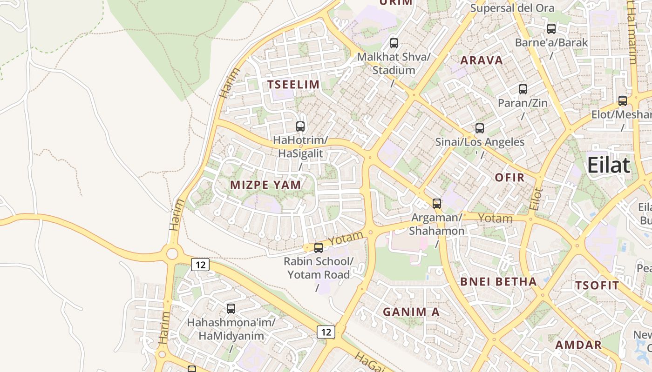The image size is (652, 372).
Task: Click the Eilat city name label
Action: pyautogui.click(x=609, y=165)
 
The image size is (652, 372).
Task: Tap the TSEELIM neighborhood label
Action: pyautogui.click(x=293, y=85)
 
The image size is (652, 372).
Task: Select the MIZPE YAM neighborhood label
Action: pyautogui.click(x=265, y=185)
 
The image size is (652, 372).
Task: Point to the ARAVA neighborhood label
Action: pyautogui.click(x=482, y=60)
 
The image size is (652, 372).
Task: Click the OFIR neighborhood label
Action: pyautogui.click(x=509, y=177)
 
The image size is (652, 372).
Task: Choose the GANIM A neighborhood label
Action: pyautogui.click(x=411, y=312)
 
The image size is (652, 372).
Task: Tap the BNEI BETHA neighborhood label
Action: pyautogui.click(x=498, y=282)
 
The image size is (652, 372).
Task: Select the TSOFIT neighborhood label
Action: pyautogui.click(x=597, y=286)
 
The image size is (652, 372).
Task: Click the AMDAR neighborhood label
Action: pyautogui.click(x=578, y=345)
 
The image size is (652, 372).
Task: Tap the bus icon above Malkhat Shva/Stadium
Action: pyautogui.click(x=394, y=43)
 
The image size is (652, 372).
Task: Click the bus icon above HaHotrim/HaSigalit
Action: pyautogui.click(x=300, y=126)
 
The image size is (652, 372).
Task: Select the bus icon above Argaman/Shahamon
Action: pyautogui.click(x=437, y=203)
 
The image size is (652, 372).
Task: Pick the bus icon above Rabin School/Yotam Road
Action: pyautogui.click(x=319, y=248)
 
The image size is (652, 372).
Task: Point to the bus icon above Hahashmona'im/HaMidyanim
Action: pyautogui.click(x=231, y=308)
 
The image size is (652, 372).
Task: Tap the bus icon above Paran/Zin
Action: pyautogui.click(x=523, y=89)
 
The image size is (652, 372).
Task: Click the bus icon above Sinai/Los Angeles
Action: pyautogui.click(x=480, y=128)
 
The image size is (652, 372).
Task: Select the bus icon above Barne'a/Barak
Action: pyautogui.click(x=551, y=29)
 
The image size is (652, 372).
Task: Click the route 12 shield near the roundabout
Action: pyautogui.click(x=200, y=265)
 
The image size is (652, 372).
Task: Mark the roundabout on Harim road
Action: pyautogui.click(x=172, y=254)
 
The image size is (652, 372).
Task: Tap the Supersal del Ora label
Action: pyautogui.click(x=512, y=8)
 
